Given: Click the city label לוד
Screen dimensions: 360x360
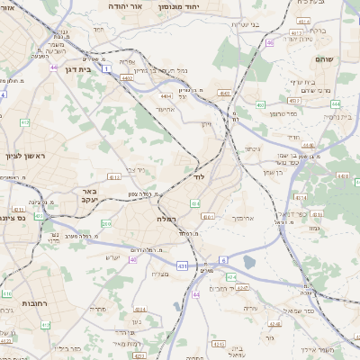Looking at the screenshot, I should (x=200, y=178).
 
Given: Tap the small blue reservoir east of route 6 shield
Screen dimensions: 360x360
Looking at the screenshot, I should (x=248, y=262).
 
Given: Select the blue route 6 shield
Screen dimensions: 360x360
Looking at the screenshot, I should (x=220, y=259).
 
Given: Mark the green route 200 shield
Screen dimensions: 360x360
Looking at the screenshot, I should (x=106, y=223).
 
